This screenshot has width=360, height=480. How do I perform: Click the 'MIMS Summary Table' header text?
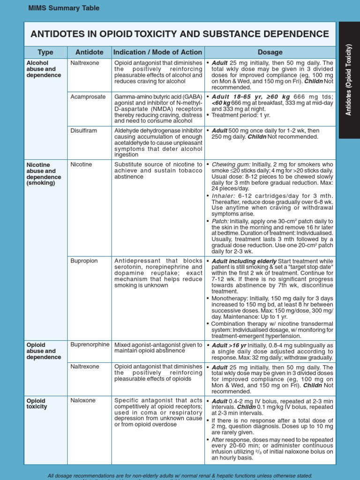(64, 8)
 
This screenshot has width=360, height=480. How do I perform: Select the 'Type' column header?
(45, 52)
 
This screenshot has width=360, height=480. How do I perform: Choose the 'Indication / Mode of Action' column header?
(158, 52)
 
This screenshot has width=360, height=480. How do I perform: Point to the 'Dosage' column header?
(270, 52)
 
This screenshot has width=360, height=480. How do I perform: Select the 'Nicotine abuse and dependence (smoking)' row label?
(44, 174)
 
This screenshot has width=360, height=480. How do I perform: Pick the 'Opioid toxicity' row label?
(37, 404)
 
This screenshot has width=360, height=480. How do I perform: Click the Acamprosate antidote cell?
(88, 97)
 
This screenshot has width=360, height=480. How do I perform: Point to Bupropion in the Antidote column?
(84, 261)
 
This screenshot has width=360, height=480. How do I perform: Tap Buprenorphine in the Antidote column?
(90, 345)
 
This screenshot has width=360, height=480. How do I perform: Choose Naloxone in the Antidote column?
(83, 400)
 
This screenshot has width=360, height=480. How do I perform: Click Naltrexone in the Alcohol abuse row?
(85, 62)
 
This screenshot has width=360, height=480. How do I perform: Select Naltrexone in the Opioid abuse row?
(85, 367)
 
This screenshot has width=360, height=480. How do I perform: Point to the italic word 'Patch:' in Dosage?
(220, 221)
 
